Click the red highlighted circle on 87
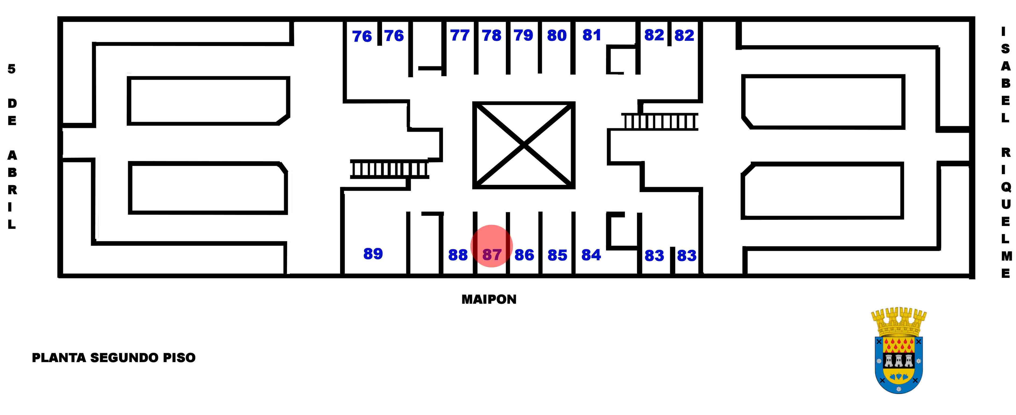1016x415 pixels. click(x=491, y=246)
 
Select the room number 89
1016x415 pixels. click(x=373, y=253)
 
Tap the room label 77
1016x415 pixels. click(x=460, y=35)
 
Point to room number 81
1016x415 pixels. click(x=592, y=35)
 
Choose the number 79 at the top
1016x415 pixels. click(x=523, y=35)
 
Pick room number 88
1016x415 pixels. click(x=458, y=255)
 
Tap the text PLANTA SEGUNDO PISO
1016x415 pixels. click(x=114, y=358)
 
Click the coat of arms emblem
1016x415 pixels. click(x=898, y=350)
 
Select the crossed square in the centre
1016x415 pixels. click(x=524, y=145)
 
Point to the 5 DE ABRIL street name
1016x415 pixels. click(x=12, y=146)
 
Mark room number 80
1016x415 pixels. click(x=557, y=35)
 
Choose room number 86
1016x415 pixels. click(x=524, y=255)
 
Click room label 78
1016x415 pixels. click(x=491, y=35)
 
